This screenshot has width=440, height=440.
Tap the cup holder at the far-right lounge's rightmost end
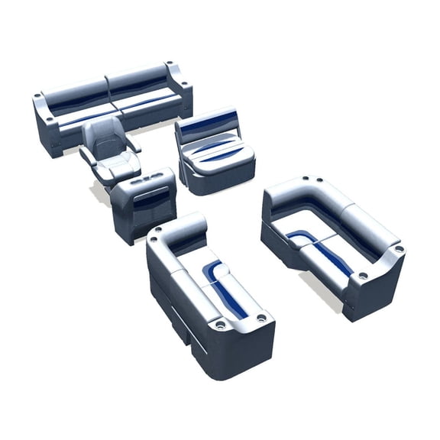(x=398, y=249)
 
